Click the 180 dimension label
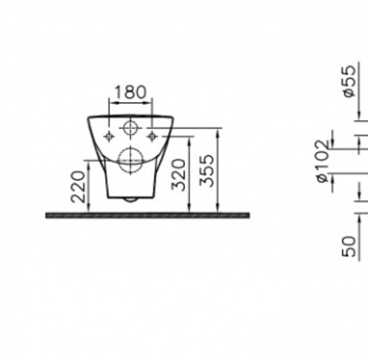click(x=130, y=92)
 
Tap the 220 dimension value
click(x=78, y=187)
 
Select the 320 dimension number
click(x=178, y=175)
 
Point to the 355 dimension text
click(x=206, y=171)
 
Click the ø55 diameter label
click(x=349, y=81)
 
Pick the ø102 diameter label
click(x=322, y=161)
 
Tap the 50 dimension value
click(x=349, y=246)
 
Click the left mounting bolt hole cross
click(x=109, y=136)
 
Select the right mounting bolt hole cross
click(x=152, y=136)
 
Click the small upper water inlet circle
click(x=130, y=122)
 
